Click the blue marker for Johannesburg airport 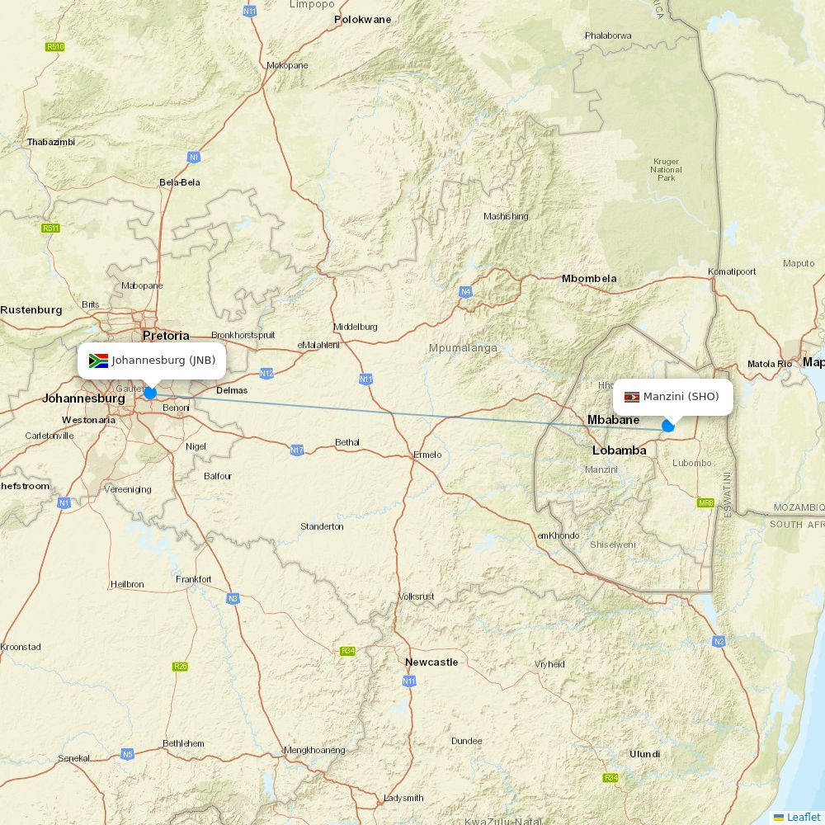[150, 393]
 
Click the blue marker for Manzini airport [668, 427]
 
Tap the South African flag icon [98, 361]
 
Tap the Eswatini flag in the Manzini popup [632, 397]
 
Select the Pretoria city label [166, 336]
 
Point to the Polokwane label [362, 19]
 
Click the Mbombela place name [589, 279]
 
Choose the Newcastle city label [431, 662]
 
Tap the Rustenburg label [31, 310]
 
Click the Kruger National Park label [666, 170]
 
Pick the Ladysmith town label [403, 798]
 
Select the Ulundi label [644, 754]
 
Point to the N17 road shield [297, 450]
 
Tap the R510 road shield [55, 47]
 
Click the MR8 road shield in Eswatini [705, 502]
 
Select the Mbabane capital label [613, 420]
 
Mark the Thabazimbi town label [51, 142]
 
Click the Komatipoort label [732, 271]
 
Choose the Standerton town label [322, 526]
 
